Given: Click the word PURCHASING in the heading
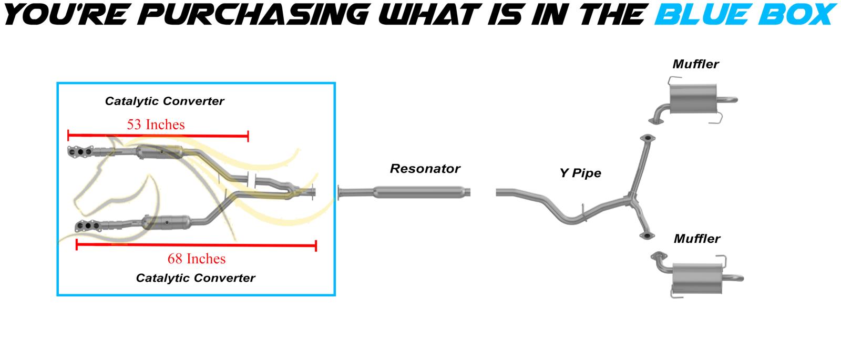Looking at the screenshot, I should pos(252,14).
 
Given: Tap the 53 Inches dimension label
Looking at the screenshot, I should pos(156,125).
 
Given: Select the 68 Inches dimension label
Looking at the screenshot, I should pos(197,259).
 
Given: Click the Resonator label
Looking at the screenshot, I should pos(425,169).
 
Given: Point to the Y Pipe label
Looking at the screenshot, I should pos(580,173).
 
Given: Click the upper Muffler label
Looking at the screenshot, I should pos(695,65).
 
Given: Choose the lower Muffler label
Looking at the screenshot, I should pos(697,239).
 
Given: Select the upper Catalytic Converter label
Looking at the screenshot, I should pos(165,101).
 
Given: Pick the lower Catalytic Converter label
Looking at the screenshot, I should pos(196,278).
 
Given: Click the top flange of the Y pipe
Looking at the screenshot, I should pos(647,138).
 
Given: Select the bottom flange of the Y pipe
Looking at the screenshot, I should pos(647,235).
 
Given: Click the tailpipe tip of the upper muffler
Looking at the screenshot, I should pos(733,100).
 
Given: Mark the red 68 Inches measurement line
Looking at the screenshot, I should pos(196,245).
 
